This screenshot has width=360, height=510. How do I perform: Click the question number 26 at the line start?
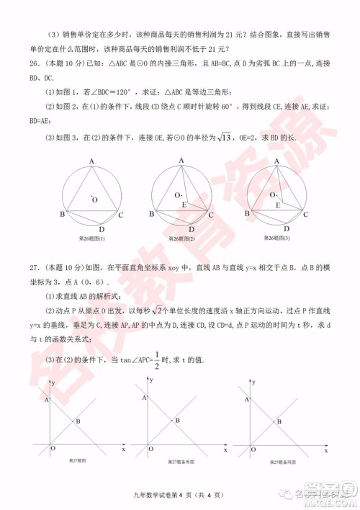pos(27,63)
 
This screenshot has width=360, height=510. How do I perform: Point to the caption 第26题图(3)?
pos(276,238)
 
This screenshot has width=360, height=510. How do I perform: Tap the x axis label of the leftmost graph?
pos(123,448)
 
